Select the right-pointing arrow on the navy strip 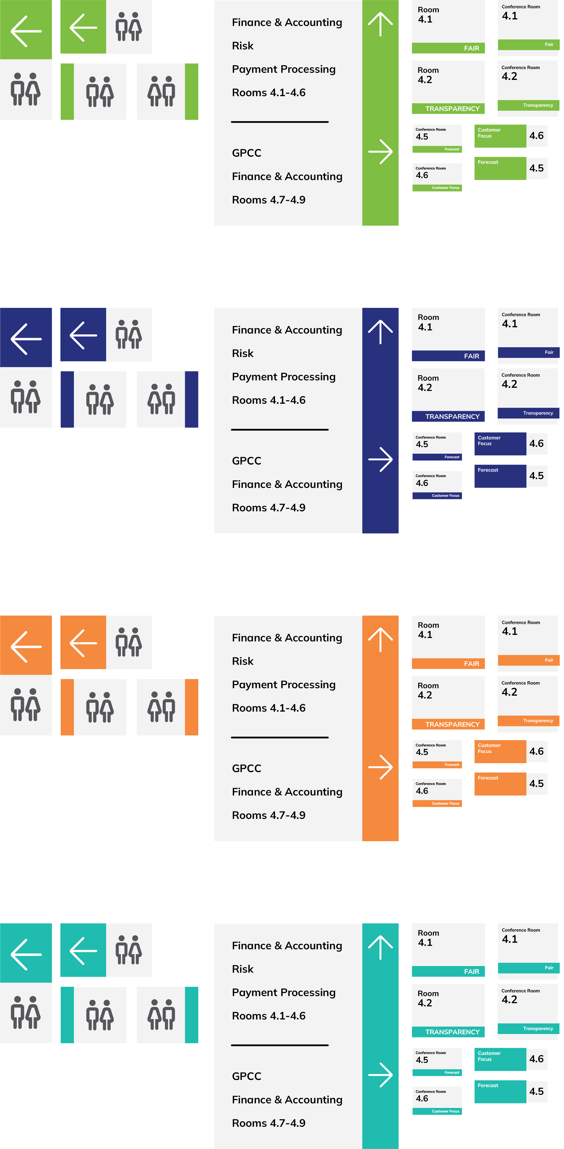(380, 459)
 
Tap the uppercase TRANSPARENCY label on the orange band (452, 724)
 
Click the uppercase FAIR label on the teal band (471, 972)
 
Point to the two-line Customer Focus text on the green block (489, 133)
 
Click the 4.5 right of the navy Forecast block (536, 476)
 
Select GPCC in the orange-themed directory (246, 769)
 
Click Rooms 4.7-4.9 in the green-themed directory (268, 200)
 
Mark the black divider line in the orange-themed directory (280, 737)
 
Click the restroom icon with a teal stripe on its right (161, 1015)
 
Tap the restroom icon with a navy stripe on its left (100, 399)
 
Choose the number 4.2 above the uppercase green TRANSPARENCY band (425, 80)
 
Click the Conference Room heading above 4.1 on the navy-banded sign (521, 314)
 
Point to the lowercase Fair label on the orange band (549, 660)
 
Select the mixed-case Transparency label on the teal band (538, 1029)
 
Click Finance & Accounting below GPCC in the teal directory (287, 1100)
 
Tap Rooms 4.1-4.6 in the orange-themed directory (268, 708)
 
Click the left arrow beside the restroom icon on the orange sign (83, 643)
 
